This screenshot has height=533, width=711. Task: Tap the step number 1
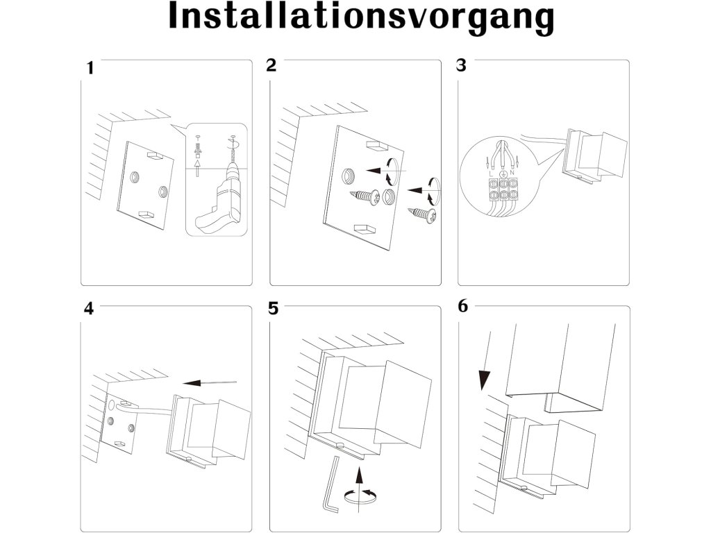coord(90,68)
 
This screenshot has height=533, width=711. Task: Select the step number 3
coord(461,66)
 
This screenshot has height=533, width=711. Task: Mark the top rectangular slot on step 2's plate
coord(376,146)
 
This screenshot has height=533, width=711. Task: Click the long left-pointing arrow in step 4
coord(209,382)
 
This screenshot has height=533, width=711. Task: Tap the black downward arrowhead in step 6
coord(485,380)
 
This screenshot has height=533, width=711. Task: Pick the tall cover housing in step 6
coord(561,364)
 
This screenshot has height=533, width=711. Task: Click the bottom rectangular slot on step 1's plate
coord(147,214)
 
